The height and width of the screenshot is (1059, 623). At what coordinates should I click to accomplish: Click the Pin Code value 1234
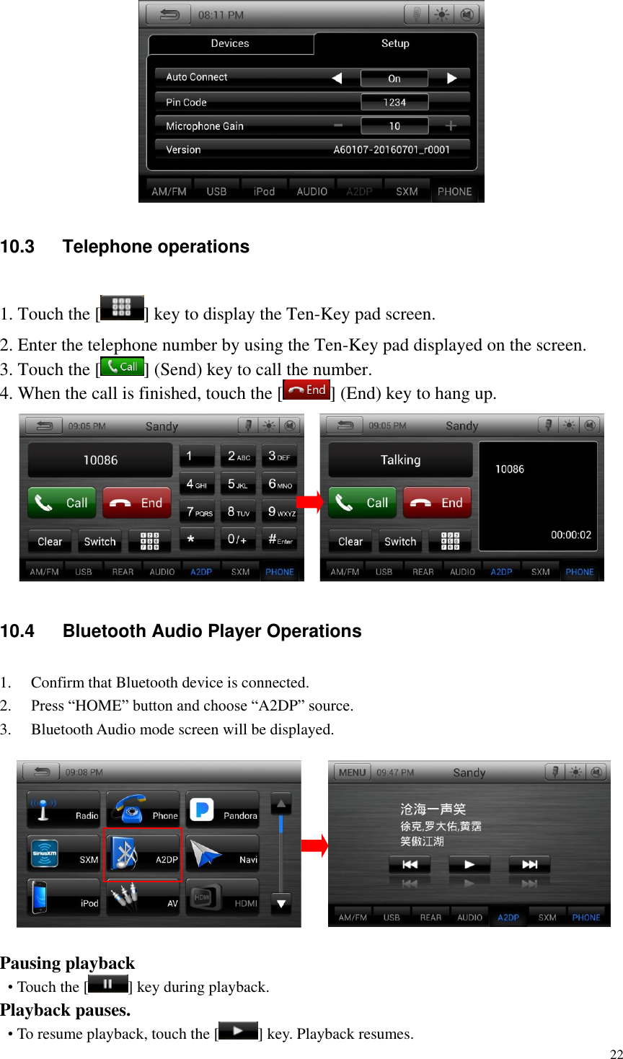[394, 102]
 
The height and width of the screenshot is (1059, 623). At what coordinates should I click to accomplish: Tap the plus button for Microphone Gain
[451, 126]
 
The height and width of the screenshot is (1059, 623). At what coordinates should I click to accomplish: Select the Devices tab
[230, 43]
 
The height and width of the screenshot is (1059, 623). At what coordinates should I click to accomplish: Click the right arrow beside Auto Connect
[452, 78]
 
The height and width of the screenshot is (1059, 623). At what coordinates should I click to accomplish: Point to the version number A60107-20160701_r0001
[392, 150]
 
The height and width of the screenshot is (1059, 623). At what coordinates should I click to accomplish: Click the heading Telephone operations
[156, 247]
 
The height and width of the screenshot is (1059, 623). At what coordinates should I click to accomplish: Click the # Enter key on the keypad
[280, 540]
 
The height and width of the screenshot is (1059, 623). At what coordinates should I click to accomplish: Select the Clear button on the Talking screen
[350, 542]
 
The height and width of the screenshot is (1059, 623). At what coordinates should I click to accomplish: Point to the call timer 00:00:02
[571, 535]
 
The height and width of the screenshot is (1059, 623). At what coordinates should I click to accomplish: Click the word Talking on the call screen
[400, 460]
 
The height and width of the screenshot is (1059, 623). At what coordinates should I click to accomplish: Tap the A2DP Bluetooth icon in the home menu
[143, 854]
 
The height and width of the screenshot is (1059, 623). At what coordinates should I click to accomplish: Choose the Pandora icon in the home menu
[222, 811]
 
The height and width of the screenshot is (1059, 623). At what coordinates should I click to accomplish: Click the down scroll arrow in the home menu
[281, 902]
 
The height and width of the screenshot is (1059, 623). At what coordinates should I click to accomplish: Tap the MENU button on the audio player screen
[352, 773]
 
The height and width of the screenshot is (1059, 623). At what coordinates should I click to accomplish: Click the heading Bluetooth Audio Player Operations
[212, 631]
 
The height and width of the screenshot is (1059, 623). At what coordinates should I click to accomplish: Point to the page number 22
[616, 1054]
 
